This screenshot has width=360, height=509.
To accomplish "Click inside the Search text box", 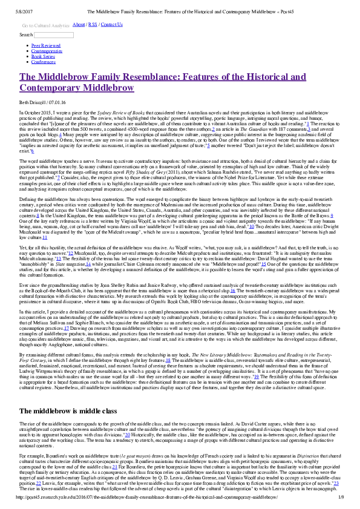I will (x=54, y=35).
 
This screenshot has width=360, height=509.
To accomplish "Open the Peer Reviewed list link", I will (x=45, y=45).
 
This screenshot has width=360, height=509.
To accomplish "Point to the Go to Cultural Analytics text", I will (x=45, y=26).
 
